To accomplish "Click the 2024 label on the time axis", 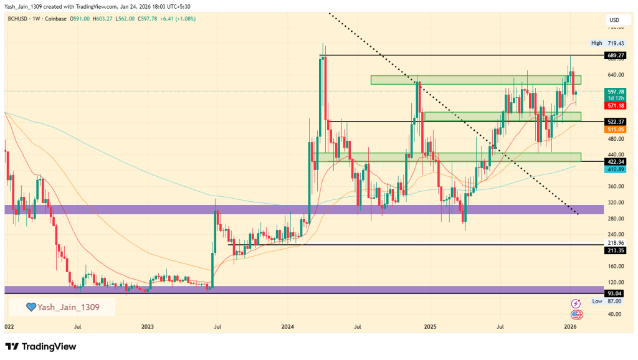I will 287,326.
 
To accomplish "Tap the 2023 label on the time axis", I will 148,326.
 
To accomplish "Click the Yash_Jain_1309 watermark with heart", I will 62,307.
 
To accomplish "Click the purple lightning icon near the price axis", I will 576,303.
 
